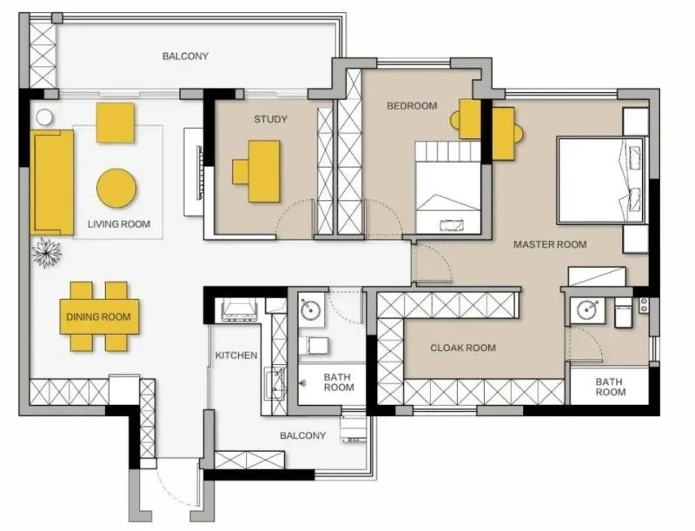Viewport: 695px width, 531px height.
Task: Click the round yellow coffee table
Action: coord(116,188)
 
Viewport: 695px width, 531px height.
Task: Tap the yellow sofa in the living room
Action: coord(52,183)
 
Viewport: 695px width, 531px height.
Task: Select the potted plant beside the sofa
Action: coord(46,253)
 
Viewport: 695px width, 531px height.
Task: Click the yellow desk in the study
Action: coord(264,171)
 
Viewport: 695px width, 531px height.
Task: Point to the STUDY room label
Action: coord(270,119)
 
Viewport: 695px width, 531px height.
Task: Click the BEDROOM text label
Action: coord(412,106)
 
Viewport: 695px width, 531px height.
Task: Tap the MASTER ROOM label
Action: coord(550,244)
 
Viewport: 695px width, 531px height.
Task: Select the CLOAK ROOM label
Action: coord(463,348)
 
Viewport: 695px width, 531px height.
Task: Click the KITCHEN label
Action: coord(236,355)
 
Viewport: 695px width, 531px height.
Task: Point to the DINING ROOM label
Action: coord(98,317)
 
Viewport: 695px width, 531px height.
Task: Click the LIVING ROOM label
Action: coord(119,224)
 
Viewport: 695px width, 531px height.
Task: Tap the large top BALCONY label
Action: coord(185,56)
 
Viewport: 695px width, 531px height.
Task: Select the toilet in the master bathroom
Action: coord(623,313)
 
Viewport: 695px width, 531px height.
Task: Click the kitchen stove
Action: coord(240,310)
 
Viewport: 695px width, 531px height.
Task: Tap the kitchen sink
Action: coord(275,383)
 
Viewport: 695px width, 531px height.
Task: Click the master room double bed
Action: coord(601,180)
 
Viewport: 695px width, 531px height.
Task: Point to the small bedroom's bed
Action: coord(448,188)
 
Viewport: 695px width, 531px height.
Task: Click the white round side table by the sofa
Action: coord(44,118)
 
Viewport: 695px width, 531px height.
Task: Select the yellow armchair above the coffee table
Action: coord(116,123)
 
